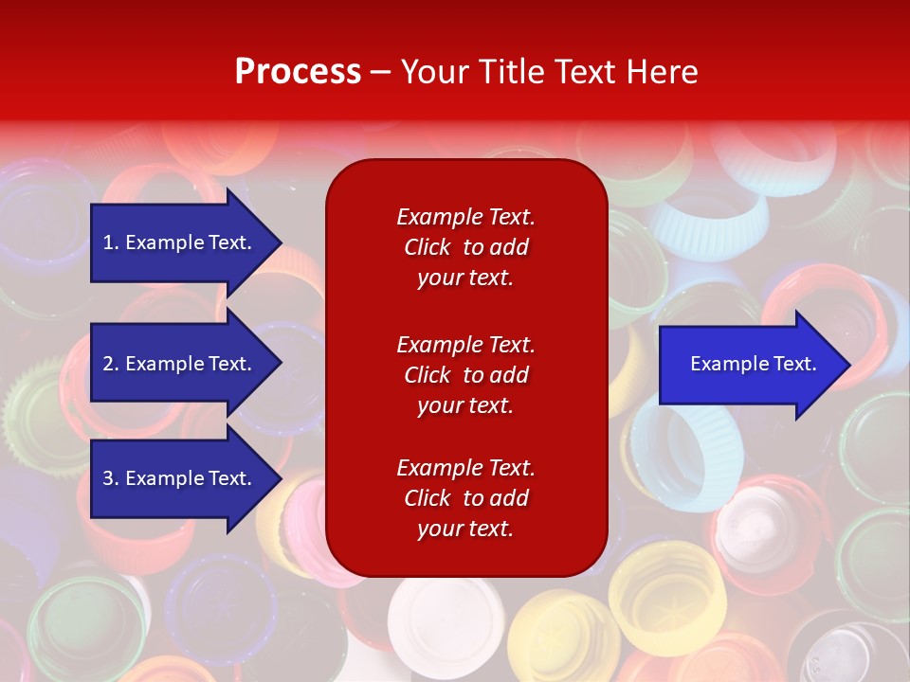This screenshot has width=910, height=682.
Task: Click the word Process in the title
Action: pyautogui.click(x=299, y=71)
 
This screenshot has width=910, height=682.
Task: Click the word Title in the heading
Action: pyautogui.click(x=511, y=71)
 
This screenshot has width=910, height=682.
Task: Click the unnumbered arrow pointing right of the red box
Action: pyautogui.click(x=755, y=364)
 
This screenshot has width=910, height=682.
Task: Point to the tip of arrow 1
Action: pyautogui.click(x=282, y=242)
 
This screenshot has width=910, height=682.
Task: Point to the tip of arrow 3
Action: pyautogui.click(x=282, y=478)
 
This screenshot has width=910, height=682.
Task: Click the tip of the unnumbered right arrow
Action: pyautogui.click(x=851, y=364)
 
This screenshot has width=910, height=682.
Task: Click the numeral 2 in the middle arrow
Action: pyautogui.click(x=108, y=364)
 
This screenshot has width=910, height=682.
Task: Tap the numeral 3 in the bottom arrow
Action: pyautogui.click(x=108, y=478)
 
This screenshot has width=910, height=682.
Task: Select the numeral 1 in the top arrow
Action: pyautogui.click(x=107, y=242)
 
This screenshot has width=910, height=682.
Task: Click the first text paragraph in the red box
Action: pyautogui.click(x=466, y=247)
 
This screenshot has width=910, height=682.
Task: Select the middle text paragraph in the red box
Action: pyautogui.click(x=466, y=375)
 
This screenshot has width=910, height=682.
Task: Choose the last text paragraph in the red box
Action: pyautogui.click(x=466, y=498)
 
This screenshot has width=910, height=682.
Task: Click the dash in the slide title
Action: pyautogui.click(x=381, y=74)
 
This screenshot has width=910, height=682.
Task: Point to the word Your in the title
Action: pyautogui.click(x=435, y=71)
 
